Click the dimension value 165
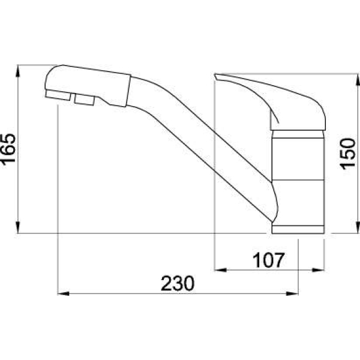[8, 149]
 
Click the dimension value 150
[347, 154]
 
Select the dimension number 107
[268, 260]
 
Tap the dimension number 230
[178, 283]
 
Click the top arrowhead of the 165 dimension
[17, 71]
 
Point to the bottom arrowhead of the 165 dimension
[17, 227]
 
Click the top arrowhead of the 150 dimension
[358, 79]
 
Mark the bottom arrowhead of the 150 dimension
[358, 227]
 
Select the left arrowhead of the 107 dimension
[220, 270]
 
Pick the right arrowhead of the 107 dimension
[318, 270]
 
